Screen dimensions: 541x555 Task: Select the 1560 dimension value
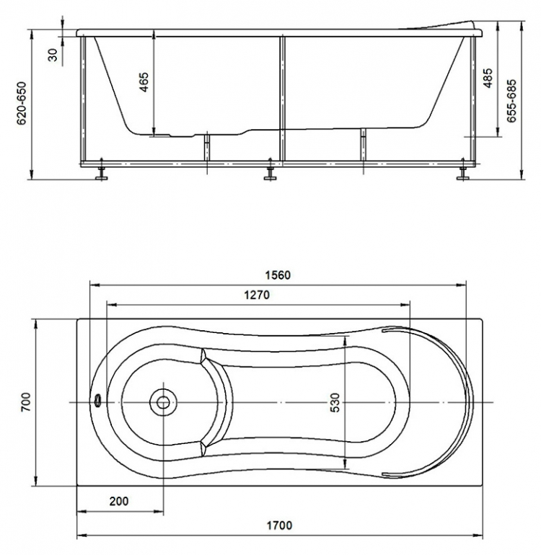click(x=278, y=275)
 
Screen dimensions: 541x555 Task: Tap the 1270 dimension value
click(x=257, y=295)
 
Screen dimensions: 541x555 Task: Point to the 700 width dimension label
click(x=26, y=402)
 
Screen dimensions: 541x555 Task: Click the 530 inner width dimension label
click(x=335, y=402)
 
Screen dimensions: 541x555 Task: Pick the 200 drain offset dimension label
click(x=119, y=501)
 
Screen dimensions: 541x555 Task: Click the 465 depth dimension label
click(x=144, y=82)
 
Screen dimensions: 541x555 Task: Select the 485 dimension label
click(x=488, y=79)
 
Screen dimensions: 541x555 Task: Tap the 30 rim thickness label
click(x=52, y=55)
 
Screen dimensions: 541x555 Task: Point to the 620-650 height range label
click(x=22, y=103)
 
